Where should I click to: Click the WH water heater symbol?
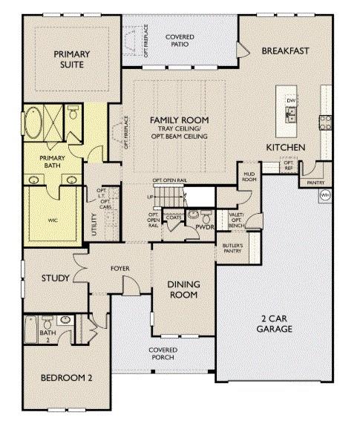pyautogui.click(x=324, y=195)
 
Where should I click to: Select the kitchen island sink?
pyautogui.click(x=292, y=114)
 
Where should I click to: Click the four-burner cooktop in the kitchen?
pyautogui.click(x=325, y=120)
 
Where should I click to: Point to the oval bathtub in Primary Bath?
pyautogui.click(x=34, y=122)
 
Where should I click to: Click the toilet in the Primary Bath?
pyautogui.click(x=72, y=114)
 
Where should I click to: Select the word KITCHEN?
pyautogui.click(x=286, y=148)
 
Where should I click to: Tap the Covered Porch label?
pyautogui.click(x=163, y=353)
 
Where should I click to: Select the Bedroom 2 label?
pyautogui.click(x=66, y=378)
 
